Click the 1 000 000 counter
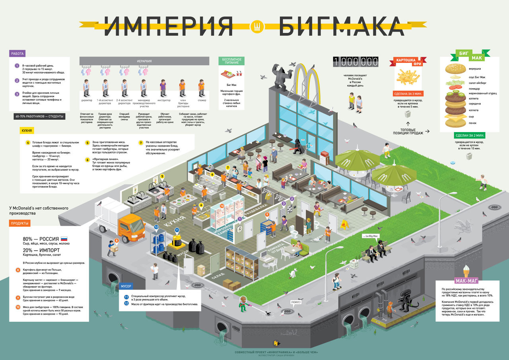point(356,61)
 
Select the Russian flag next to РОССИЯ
point(64,239)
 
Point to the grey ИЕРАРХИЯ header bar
point(144,61)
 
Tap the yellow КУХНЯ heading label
point(27,130)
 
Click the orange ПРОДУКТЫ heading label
point(19,224)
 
